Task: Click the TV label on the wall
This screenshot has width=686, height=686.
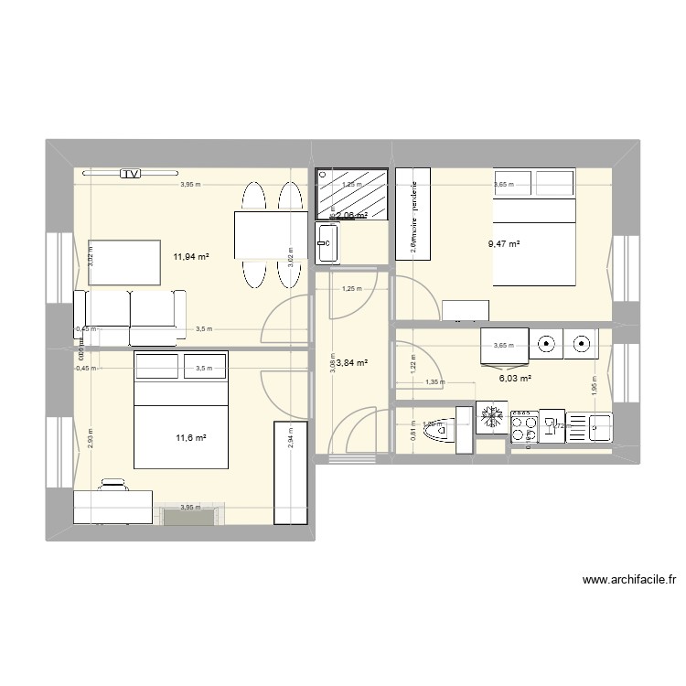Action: [133, 173]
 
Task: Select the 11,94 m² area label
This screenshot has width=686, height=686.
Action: [191, 257]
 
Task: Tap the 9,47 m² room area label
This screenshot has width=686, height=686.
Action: [504, 244]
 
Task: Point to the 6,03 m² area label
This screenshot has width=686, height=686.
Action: [515, 377]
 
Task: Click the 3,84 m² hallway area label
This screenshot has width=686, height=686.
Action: [351, 363]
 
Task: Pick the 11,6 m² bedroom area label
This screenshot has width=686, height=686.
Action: [190, 438]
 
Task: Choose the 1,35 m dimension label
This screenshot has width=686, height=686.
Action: [435, 383]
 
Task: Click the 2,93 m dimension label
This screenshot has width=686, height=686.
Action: [91, 440]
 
